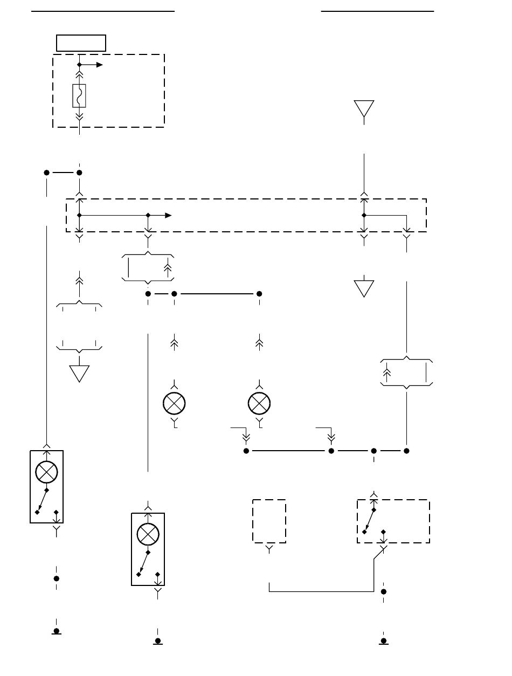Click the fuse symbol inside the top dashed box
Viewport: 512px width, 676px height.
pyautogui.click(x=79, y=96)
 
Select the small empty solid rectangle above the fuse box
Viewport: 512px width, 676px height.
pyautogui.click(x=81, y=43)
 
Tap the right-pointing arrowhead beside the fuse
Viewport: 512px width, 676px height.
pyautogui.click(x=100, y=65)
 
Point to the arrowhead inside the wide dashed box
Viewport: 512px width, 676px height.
pyautogui.click(x=168, y=215)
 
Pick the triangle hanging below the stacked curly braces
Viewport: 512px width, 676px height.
pyautogui.click(x=79, y=373)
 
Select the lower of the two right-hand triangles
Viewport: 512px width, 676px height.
pyautogui.click(x=364, y=288)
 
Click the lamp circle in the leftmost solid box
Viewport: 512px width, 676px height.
pyautogui.click(x=46, y=473)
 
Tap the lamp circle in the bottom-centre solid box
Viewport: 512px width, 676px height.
pyautogui.click(x=148, y=534)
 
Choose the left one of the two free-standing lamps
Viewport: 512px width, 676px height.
pyautogui.click(x=174, y=403)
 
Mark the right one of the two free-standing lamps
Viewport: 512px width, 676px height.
pyautogui.click(x=259, y=403)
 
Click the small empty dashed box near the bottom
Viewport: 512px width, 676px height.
pyautogui.click(x=269, y=521)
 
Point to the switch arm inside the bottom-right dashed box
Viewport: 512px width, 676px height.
pyautogui.click(x=369, y=521)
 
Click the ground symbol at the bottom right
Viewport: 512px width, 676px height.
pyautogui.click(x=384, y=641)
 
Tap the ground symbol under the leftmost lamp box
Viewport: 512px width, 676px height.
pyautogui.click(x=56, y=631)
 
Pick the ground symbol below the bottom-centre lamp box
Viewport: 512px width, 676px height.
pyautogui.click(x=158, y=641)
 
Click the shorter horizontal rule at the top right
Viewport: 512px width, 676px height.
pyautogui.click(x=378, y=10)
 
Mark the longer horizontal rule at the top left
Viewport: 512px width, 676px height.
pyautogui.click(x=103, y=10)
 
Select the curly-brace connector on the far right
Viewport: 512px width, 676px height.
pyautogui.click(x=407, y=372)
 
